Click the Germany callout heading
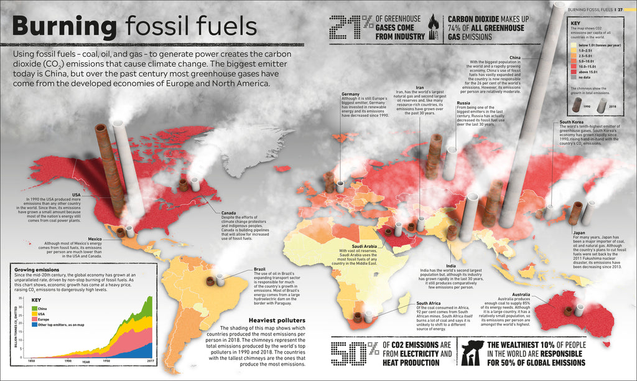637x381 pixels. click(x=350, y=94)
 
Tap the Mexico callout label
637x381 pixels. click(x=94, y=238)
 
